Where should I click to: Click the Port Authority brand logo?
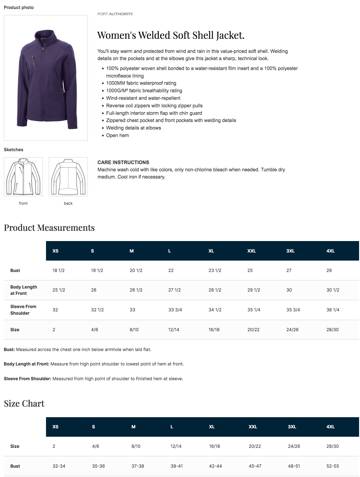[115, 14]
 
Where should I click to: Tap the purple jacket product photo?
[46, 78]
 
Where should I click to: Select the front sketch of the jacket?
[23, 177]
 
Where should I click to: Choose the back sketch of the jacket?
[68, 177]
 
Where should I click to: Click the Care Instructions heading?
[123, 162]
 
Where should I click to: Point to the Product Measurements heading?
[49, 228]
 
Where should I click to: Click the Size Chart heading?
[24, 404]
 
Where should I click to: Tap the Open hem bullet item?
[117, 136]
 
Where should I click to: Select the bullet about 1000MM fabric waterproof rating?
[141, 83]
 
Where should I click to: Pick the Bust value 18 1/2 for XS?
[58, 271]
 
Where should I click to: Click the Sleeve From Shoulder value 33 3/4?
[175, 310]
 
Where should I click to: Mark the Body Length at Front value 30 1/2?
[333, 290]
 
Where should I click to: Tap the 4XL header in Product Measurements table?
[330, 251]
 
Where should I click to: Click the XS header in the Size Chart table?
[55, 427]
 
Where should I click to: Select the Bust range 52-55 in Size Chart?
[332, 466]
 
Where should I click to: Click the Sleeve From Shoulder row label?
[23, 310]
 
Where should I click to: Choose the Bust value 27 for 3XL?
[289, 271]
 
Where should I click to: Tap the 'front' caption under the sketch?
[23, 203]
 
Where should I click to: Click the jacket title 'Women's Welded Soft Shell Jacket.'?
[171, 35]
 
